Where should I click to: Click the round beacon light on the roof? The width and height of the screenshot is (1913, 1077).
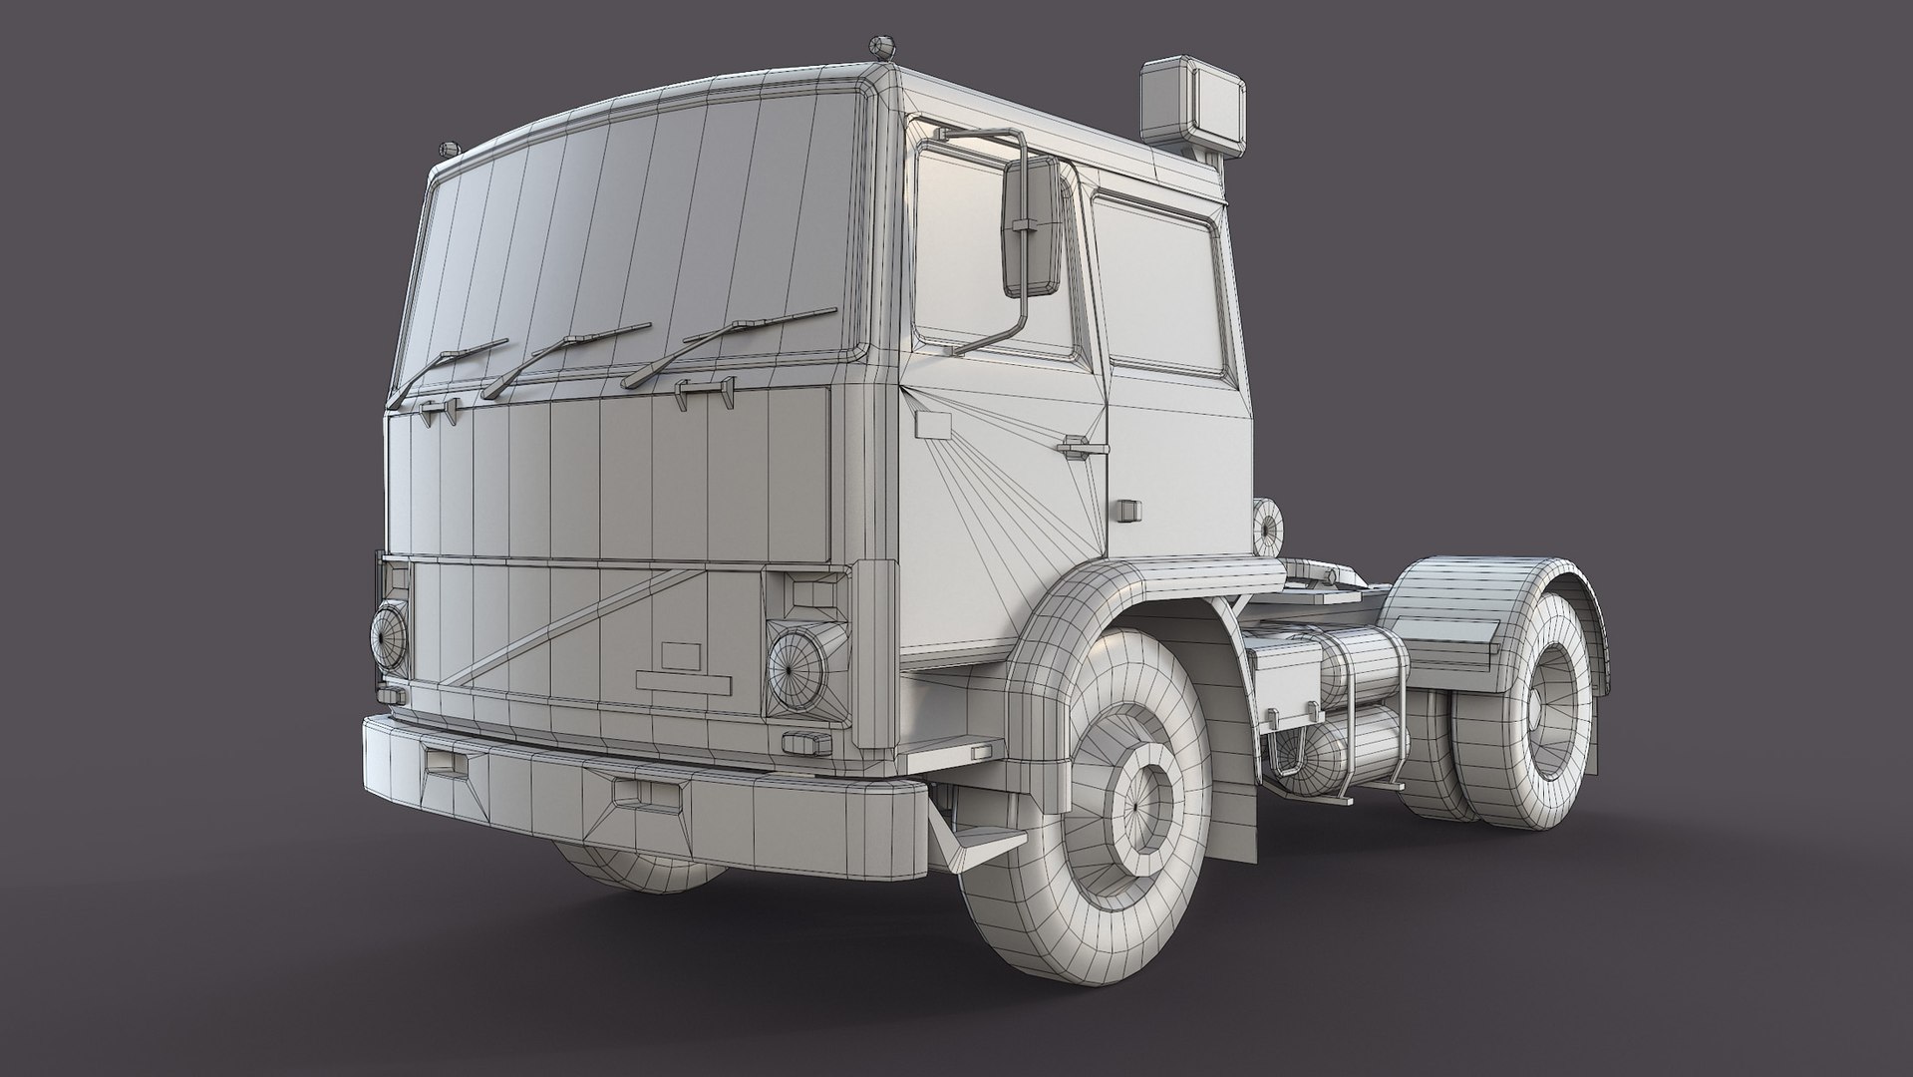(878, 46)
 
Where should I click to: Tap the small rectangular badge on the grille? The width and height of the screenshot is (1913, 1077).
(682, 655)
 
